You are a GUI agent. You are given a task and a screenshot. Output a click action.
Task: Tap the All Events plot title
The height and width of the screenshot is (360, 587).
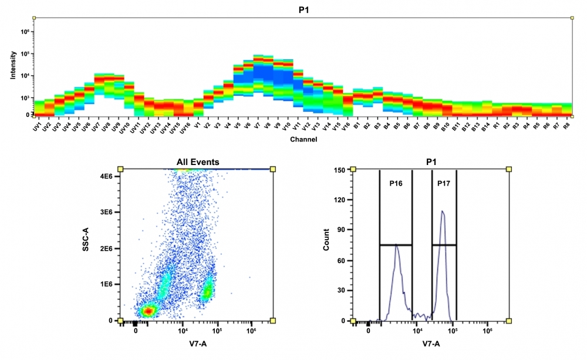coord(197,162)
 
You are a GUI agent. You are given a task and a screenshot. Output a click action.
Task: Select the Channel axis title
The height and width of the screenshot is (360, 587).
coord(303,140)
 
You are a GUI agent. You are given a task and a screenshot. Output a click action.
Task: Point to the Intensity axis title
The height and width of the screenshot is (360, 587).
coord(13,66)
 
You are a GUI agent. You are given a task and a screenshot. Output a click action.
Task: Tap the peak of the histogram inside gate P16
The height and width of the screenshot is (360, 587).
coord(397,245)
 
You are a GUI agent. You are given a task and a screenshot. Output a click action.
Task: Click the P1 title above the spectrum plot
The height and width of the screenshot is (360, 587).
coord(303,8)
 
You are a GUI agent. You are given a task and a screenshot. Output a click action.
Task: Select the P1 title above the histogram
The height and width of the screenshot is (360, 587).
coord(431,162)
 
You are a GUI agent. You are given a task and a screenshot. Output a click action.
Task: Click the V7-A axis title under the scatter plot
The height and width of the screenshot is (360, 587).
coord(197,344)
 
